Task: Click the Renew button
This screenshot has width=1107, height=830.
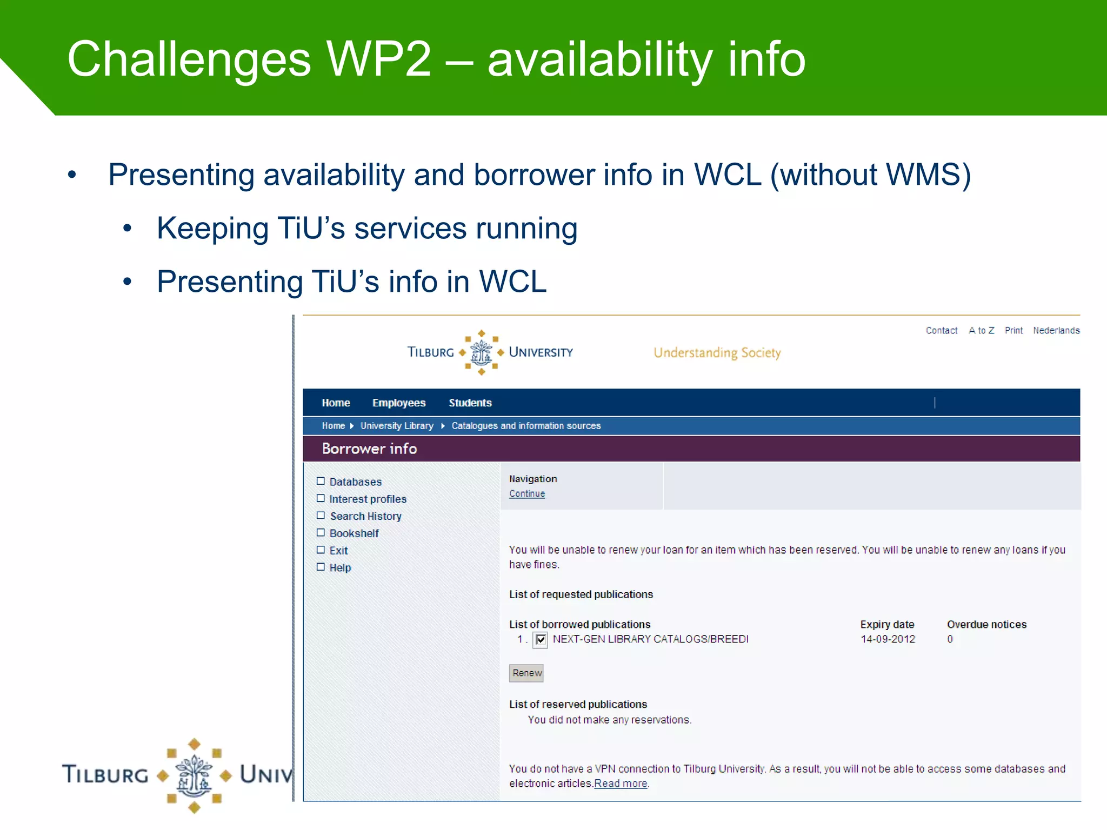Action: pos(526,673)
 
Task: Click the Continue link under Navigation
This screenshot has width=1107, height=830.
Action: pos(527,493)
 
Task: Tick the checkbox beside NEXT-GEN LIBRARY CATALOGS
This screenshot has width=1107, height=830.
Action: pos(540,640)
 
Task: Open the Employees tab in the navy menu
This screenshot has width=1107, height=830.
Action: pos(399,403)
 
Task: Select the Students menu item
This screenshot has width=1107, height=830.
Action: pos(470,403)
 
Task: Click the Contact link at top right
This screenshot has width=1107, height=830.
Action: pos(941,330)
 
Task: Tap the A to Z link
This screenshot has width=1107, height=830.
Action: pos(981,330)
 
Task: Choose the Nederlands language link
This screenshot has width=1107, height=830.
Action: pos(1056,330)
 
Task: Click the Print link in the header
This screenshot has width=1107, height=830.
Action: pos(1013,330)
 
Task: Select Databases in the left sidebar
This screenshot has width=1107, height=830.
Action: pos(355,481)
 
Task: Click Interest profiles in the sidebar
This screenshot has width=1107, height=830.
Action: pos(368,499)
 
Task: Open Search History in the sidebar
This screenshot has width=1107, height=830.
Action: pos(365,516)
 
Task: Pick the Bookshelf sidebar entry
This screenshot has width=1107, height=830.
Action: pos(354,533)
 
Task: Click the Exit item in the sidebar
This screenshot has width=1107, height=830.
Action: pos(338,551)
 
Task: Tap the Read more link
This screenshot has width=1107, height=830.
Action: pos(621,784)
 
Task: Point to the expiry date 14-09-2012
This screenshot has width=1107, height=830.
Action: pos(888,639)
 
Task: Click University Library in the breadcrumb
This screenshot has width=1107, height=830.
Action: pos(397,426)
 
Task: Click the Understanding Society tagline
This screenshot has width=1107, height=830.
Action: pos(717,353)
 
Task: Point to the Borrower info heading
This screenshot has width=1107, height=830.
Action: pos(369,449)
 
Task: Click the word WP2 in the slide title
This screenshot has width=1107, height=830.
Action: pos(379,59)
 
